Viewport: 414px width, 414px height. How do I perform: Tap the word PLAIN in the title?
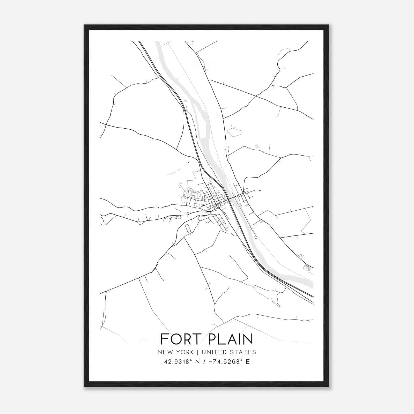pos(230,339)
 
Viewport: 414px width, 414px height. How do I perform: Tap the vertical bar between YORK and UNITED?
pos(198,352)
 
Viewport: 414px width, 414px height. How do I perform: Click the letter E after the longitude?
pos(248,362)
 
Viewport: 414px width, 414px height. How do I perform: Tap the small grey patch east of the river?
pos(257,146)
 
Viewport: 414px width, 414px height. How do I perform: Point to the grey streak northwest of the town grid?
pos(174,172)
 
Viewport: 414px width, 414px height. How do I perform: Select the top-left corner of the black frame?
pos(84,25)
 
